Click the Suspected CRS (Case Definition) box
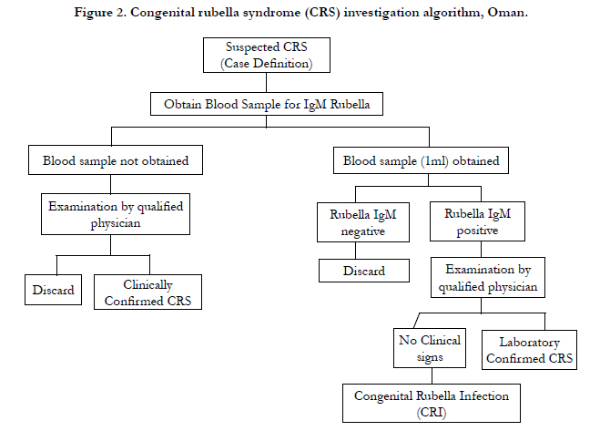tap(267, 55)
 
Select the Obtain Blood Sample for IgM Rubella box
tap(267, 104)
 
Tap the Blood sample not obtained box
tap(116, 160)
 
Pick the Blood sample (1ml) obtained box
tap(421, 160)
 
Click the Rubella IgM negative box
tap(363, 222)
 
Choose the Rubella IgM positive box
tap(477, 221)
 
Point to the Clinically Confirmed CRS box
tap(147, 292)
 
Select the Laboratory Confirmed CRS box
tap(529, 350)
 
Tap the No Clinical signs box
tap(430, 348)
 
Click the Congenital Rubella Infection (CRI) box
tap(432, 404)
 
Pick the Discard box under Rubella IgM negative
tap(364, 271)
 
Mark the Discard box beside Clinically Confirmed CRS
tap(54, 290)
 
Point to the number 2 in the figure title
tap(119, 12)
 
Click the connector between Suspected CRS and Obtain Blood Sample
tap(267, 83)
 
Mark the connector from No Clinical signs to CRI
tap(432, 376)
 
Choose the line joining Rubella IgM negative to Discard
tap(356, 251)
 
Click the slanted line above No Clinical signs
tap(417, 321)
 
